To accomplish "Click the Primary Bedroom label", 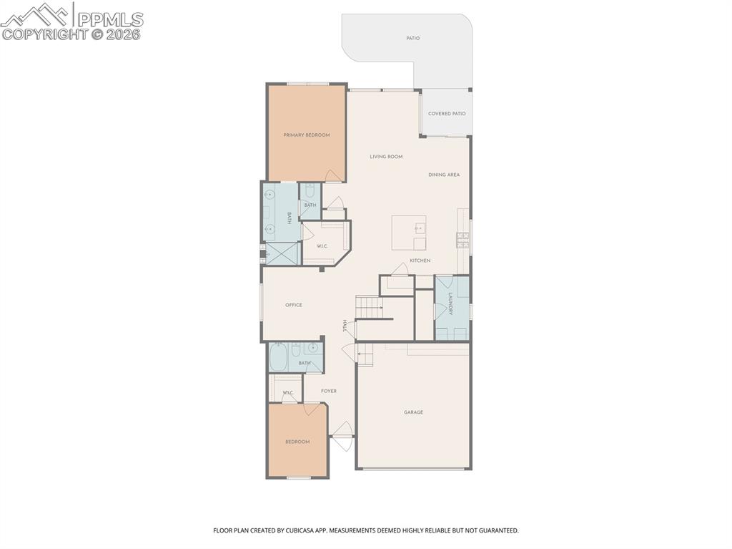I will pyautogui.click(x=306, y=135).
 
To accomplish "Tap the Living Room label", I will pyautogui.click(x=386, y=156).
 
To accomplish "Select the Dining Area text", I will pyautogui.click(x=444, y=175).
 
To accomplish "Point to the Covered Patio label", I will pyautogui.click(x=447, y=113).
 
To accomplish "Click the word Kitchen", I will pyautogui.click(x=420, y=261).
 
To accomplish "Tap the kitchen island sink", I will pyautogui.click(x=419, y=229).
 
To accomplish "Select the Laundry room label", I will pyautogui.click(x=450, y=304).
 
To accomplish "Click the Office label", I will pyautogui.click(x=293, y=305).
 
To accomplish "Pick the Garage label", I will pyautogui.click(x=413, y=412).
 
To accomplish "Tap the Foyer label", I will pyautogui.click(x=328, y=391).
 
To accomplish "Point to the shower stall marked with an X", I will pyautogui.click(x=282, y=253).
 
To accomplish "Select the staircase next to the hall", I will pyautogui.click(x=370, y=308).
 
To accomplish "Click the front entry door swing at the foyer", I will pyautogui.click(x=342, y=435).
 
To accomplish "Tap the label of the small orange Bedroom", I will pyautogui.click(x=297, y=442).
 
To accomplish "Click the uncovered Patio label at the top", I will pyautogui.click(x=412, y=38).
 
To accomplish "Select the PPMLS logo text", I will pyautogui.click(x=109, y=19).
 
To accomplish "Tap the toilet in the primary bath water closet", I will pyautogui.click(x=310, y=192).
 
